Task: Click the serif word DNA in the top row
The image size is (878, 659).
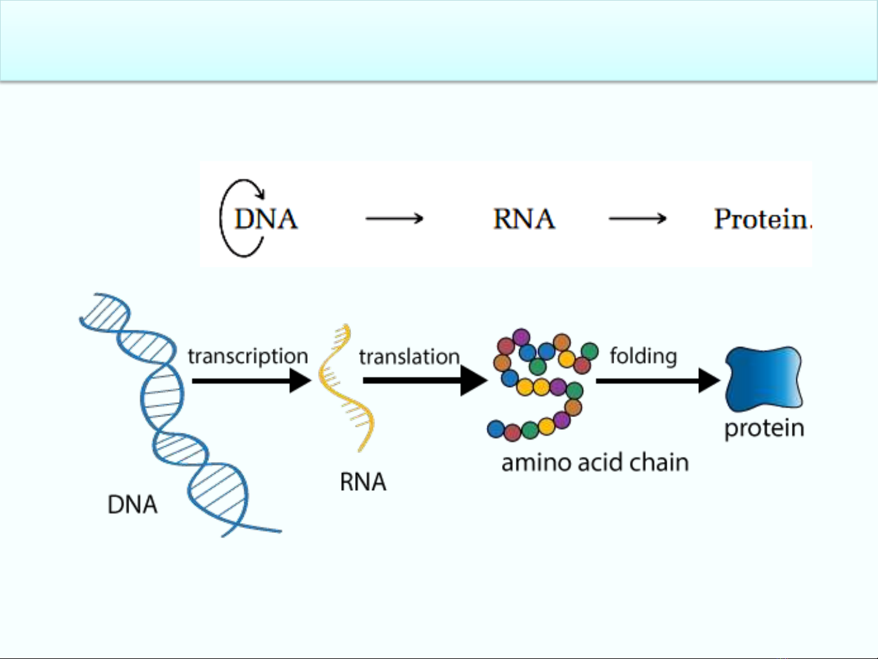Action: point(266,219)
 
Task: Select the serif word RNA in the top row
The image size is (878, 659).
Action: point(525,219)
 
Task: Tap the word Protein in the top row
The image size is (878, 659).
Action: point(761,219)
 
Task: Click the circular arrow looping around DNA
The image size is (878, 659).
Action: point(221,218)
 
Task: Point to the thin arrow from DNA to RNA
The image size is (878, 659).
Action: point(394,218)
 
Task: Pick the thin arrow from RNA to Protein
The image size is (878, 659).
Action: point(637,218)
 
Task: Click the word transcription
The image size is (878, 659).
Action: point(248,357)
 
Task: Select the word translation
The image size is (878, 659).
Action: point(409,357)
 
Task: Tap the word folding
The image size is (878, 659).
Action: point(643,356)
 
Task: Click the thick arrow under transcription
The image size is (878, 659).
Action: point(252,381)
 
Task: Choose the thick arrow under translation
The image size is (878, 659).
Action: point(425,381)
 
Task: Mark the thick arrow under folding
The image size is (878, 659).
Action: point(658,381)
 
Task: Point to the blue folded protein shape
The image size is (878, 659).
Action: point(764,379)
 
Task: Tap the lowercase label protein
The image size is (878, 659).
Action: point(765,429)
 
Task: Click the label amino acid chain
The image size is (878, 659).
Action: point(595,463)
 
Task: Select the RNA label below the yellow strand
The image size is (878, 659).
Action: point(363,482)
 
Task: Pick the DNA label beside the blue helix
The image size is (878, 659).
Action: point(132,505)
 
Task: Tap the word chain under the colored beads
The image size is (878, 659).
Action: point(659,463)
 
